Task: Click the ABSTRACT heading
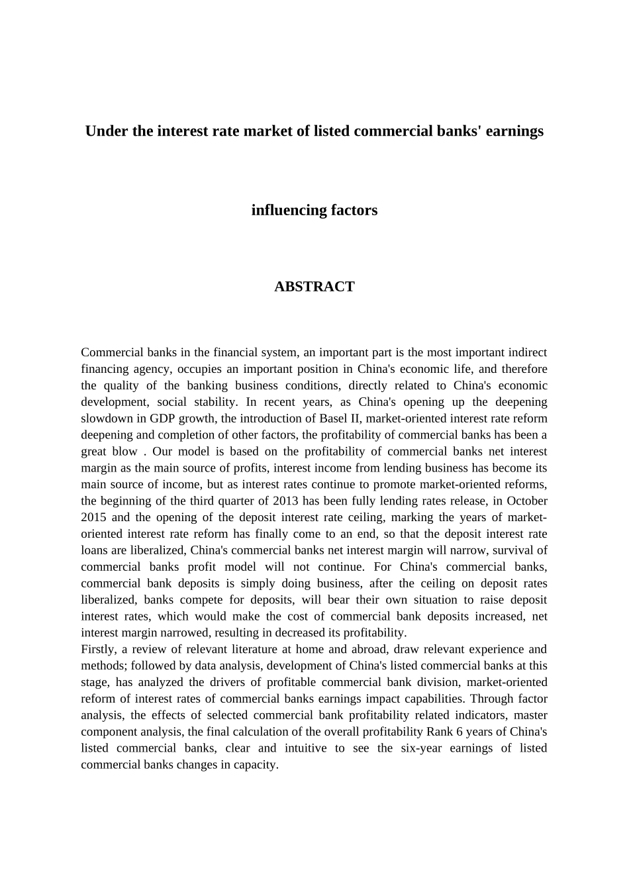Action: [314, 287]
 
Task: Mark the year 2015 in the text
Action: [94, 518]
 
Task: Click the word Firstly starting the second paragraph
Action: [99, 650]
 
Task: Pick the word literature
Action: [256, 650]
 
